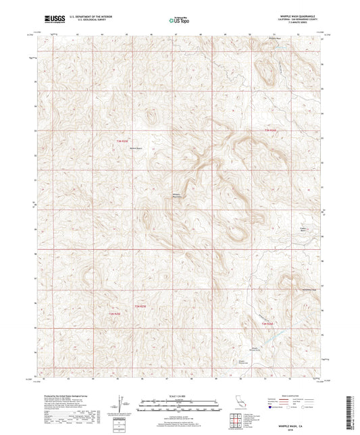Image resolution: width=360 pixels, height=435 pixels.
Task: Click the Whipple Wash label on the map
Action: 271,39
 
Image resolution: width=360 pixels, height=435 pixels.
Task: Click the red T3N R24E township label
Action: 271,130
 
